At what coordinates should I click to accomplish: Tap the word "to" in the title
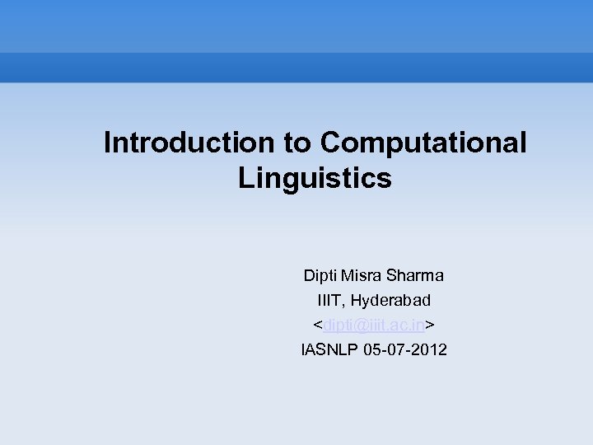pos(298,143)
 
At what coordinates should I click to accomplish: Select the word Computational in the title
pos(423,143)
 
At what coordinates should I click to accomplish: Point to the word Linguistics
pos(315,177)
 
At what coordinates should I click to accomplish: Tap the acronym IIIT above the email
pos(330,300)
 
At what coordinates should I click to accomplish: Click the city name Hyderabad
pos(390,300)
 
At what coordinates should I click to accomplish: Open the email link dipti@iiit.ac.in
pos(374,325)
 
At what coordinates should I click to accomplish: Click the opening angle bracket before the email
pos(317,325)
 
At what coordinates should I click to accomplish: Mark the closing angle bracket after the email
pos(431,325)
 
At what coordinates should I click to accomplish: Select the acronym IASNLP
pos(328,349)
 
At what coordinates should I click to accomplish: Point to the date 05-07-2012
pos(404,349)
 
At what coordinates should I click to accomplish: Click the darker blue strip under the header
pos(296,68)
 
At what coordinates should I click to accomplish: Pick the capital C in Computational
pos(330,143)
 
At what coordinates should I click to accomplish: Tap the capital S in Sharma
pos(389,275)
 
